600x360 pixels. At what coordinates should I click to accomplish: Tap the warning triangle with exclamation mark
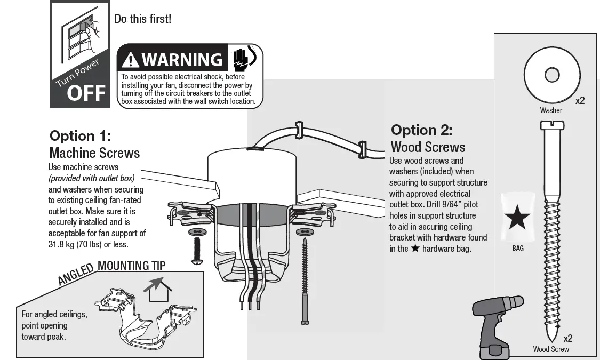coord(131,60)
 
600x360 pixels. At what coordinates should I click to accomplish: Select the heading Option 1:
coord(79,135)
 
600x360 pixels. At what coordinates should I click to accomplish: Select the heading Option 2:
coord(421,130)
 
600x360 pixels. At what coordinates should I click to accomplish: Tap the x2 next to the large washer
coord(580,101)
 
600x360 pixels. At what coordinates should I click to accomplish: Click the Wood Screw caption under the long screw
coord(551,349)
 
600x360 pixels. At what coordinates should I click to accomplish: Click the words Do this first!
coord(143,19)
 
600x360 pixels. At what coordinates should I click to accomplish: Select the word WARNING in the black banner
coord(182,60)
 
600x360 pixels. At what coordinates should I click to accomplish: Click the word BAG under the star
coord(517,249)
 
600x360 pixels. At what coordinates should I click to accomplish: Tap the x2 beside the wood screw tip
coord(568,338)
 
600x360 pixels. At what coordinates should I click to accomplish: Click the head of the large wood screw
coord(550,125)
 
